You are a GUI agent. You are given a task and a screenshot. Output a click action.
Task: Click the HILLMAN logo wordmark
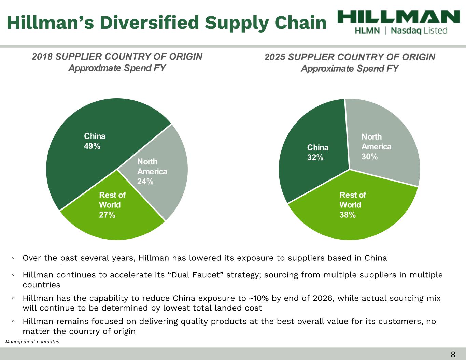point(398,17)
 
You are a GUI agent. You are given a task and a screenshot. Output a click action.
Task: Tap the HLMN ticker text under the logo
point(367,31)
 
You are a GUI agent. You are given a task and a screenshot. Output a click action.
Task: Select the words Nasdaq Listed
point(419,31)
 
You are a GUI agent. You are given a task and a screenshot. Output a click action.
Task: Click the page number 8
point(453,355)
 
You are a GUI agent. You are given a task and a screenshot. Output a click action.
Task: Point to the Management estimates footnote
point(32,342)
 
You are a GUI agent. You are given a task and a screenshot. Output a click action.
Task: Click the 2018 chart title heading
point(117,62)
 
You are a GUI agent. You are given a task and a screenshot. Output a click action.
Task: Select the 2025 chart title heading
point(350,62)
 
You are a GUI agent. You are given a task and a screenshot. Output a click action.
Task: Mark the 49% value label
point(92,146)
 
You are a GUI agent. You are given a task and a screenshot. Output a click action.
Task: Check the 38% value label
point(348,215)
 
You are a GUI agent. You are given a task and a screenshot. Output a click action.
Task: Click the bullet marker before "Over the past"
point(13,258)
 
